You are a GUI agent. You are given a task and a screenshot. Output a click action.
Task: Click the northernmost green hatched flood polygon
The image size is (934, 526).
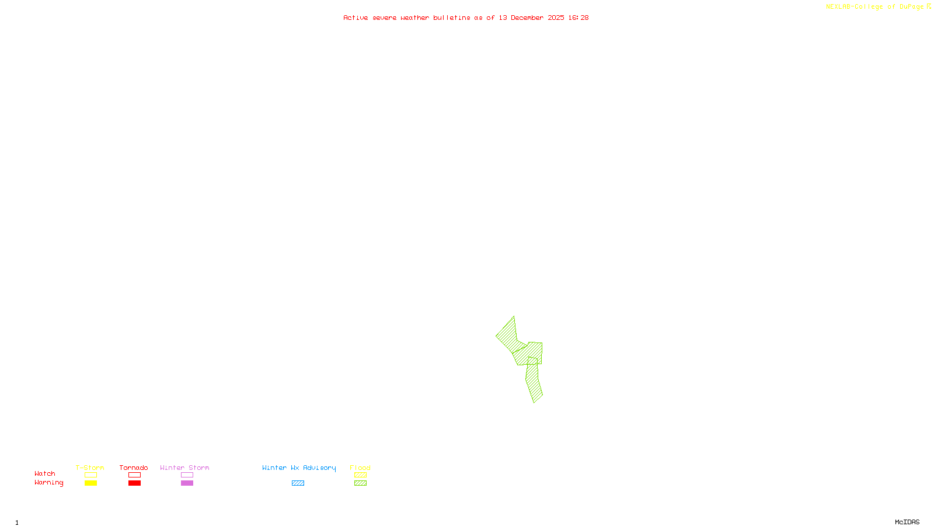click(x=507, y=335)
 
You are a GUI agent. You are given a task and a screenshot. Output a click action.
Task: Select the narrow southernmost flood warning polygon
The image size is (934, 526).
click(x=534, y=382)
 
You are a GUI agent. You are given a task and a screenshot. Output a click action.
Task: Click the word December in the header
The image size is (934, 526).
click(x=527, y=18)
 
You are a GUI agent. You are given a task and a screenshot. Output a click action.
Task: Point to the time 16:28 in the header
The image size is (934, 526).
click(x=578, y=18)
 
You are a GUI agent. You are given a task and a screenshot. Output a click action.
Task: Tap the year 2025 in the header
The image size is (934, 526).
click(x=556, y=18)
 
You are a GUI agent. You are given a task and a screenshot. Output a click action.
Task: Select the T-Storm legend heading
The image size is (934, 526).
click(x=90, y=468)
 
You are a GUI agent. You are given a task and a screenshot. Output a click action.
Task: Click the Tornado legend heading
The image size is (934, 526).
click(x=134, y=468)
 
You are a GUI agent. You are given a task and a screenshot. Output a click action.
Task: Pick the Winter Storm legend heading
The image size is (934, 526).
click(x=184, y=468)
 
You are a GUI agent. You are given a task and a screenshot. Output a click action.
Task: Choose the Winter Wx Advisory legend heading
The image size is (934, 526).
click(x=299, y=468)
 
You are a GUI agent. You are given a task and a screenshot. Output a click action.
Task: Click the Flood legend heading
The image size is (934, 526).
click(x=360, y=468)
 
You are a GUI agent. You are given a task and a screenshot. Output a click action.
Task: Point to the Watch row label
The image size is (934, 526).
click(x=45, y=473)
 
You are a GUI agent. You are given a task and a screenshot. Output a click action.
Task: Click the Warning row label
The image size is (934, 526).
click(x=49, y=483)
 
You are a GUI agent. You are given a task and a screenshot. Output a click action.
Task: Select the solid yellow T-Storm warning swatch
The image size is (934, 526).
click(x=90, y=483)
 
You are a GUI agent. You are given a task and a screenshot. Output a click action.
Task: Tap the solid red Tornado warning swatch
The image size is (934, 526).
click(x=134, y=483)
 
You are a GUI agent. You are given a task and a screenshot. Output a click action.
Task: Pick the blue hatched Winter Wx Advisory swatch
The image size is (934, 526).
click(x=298, y=483)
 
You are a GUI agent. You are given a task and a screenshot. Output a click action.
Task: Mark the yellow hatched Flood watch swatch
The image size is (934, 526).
click(x=360, y=475)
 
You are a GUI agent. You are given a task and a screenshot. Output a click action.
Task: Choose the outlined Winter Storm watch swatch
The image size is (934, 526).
click(x=187, y=475)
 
